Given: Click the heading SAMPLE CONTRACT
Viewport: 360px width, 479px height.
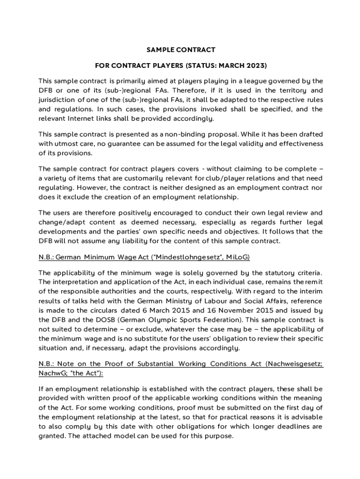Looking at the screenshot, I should (x=180, y=50).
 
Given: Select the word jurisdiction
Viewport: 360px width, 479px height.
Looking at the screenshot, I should (x=58, y=100).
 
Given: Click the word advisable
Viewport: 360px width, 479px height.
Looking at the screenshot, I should (x=304, y=417).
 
